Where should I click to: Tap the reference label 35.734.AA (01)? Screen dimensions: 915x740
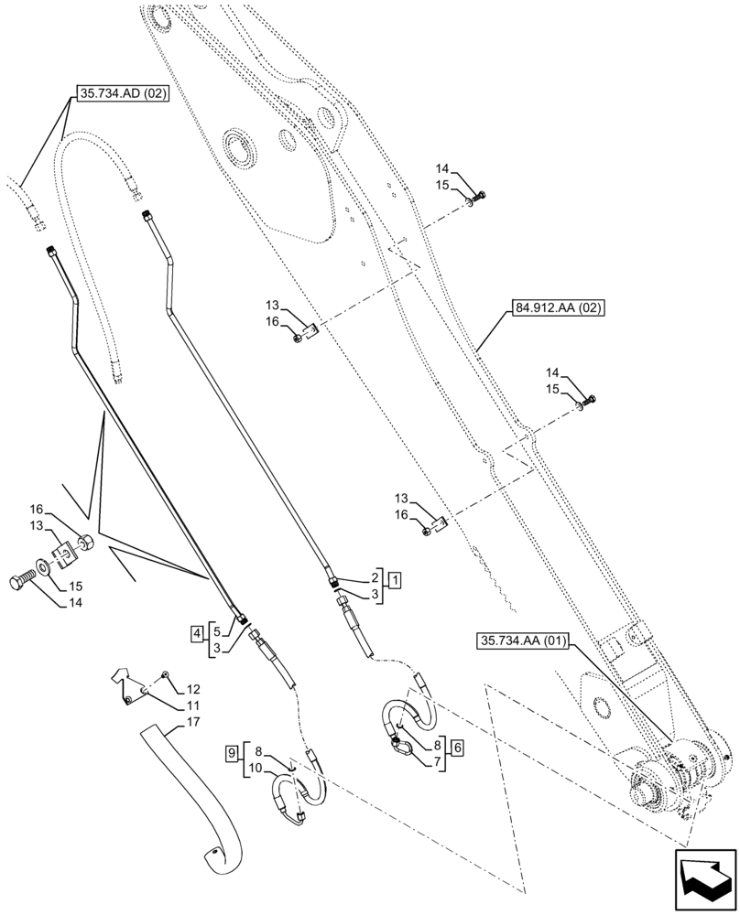(523, 640)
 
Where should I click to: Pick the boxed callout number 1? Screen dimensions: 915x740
(393, 580)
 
